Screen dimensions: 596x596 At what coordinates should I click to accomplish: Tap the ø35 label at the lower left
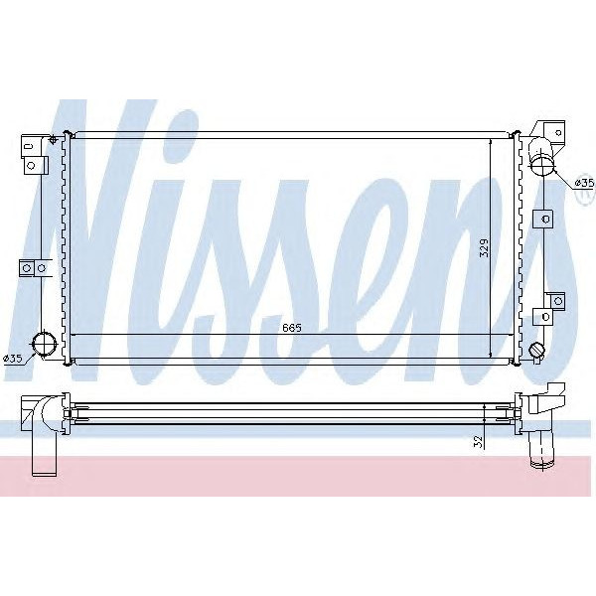click(14, 359)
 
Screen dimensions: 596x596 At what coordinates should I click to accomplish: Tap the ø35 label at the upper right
click(584, 184)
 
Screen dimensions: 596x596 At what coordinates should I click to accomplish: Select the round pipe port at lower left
click(44, 345)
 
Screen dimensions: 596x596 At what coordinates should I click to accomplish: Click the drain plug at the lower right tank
click(537, 351)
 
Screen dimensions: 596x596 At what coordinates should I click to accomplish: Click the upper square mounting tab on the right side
click(544, 218)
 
